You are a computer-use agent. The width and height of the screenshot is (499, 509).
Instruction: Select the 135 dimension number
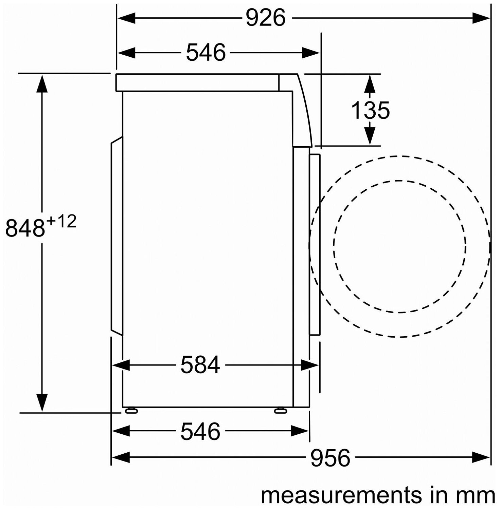click(370, 110)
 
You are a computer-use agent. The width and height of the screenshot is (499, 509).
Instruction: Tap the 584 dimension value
click(200, 365)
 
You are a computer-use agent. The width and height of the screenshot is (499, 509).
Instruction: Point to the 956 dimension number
click(330, 458)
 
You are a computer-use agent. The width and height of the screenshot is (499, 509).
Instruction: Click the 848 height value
click(25, 228)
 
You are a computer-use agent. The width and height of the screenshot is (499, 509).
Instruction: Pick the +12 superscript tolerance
click(61, 222)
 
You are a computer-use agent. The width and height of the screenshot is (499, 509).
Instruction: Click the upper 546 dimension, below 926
click(206, 52)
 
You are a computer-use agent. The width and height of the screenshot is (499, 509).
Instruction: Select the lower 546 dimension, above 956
click(200, 431)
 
